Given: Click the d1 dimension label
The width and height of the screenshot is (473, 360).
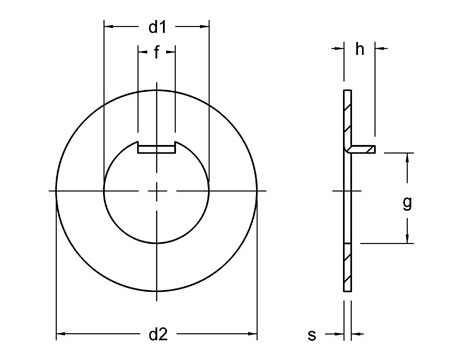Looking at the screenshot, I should tap(156, 27).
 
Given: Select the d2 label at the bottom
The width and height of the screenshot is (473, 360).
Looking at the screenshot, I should tap(156, 333).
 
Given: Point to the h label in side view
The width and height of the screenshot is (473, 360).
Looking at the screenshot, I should tap(360, 50).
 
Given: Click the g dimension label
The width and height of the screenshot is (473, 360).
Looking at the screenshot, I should tap(407, 202).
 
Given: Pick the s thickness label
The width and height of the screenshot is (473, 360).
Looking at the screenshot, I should tap(312, 333).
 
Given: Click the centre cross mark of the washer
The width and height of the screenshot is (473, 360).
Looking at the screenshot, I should tap(156, 190).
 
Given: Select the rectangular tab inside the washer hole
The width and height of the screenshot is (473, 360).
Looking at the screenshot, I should tap(156, 149).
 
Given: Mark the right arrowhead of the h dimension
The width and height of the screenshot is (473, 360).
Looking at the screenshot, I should tap(374, 50).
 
